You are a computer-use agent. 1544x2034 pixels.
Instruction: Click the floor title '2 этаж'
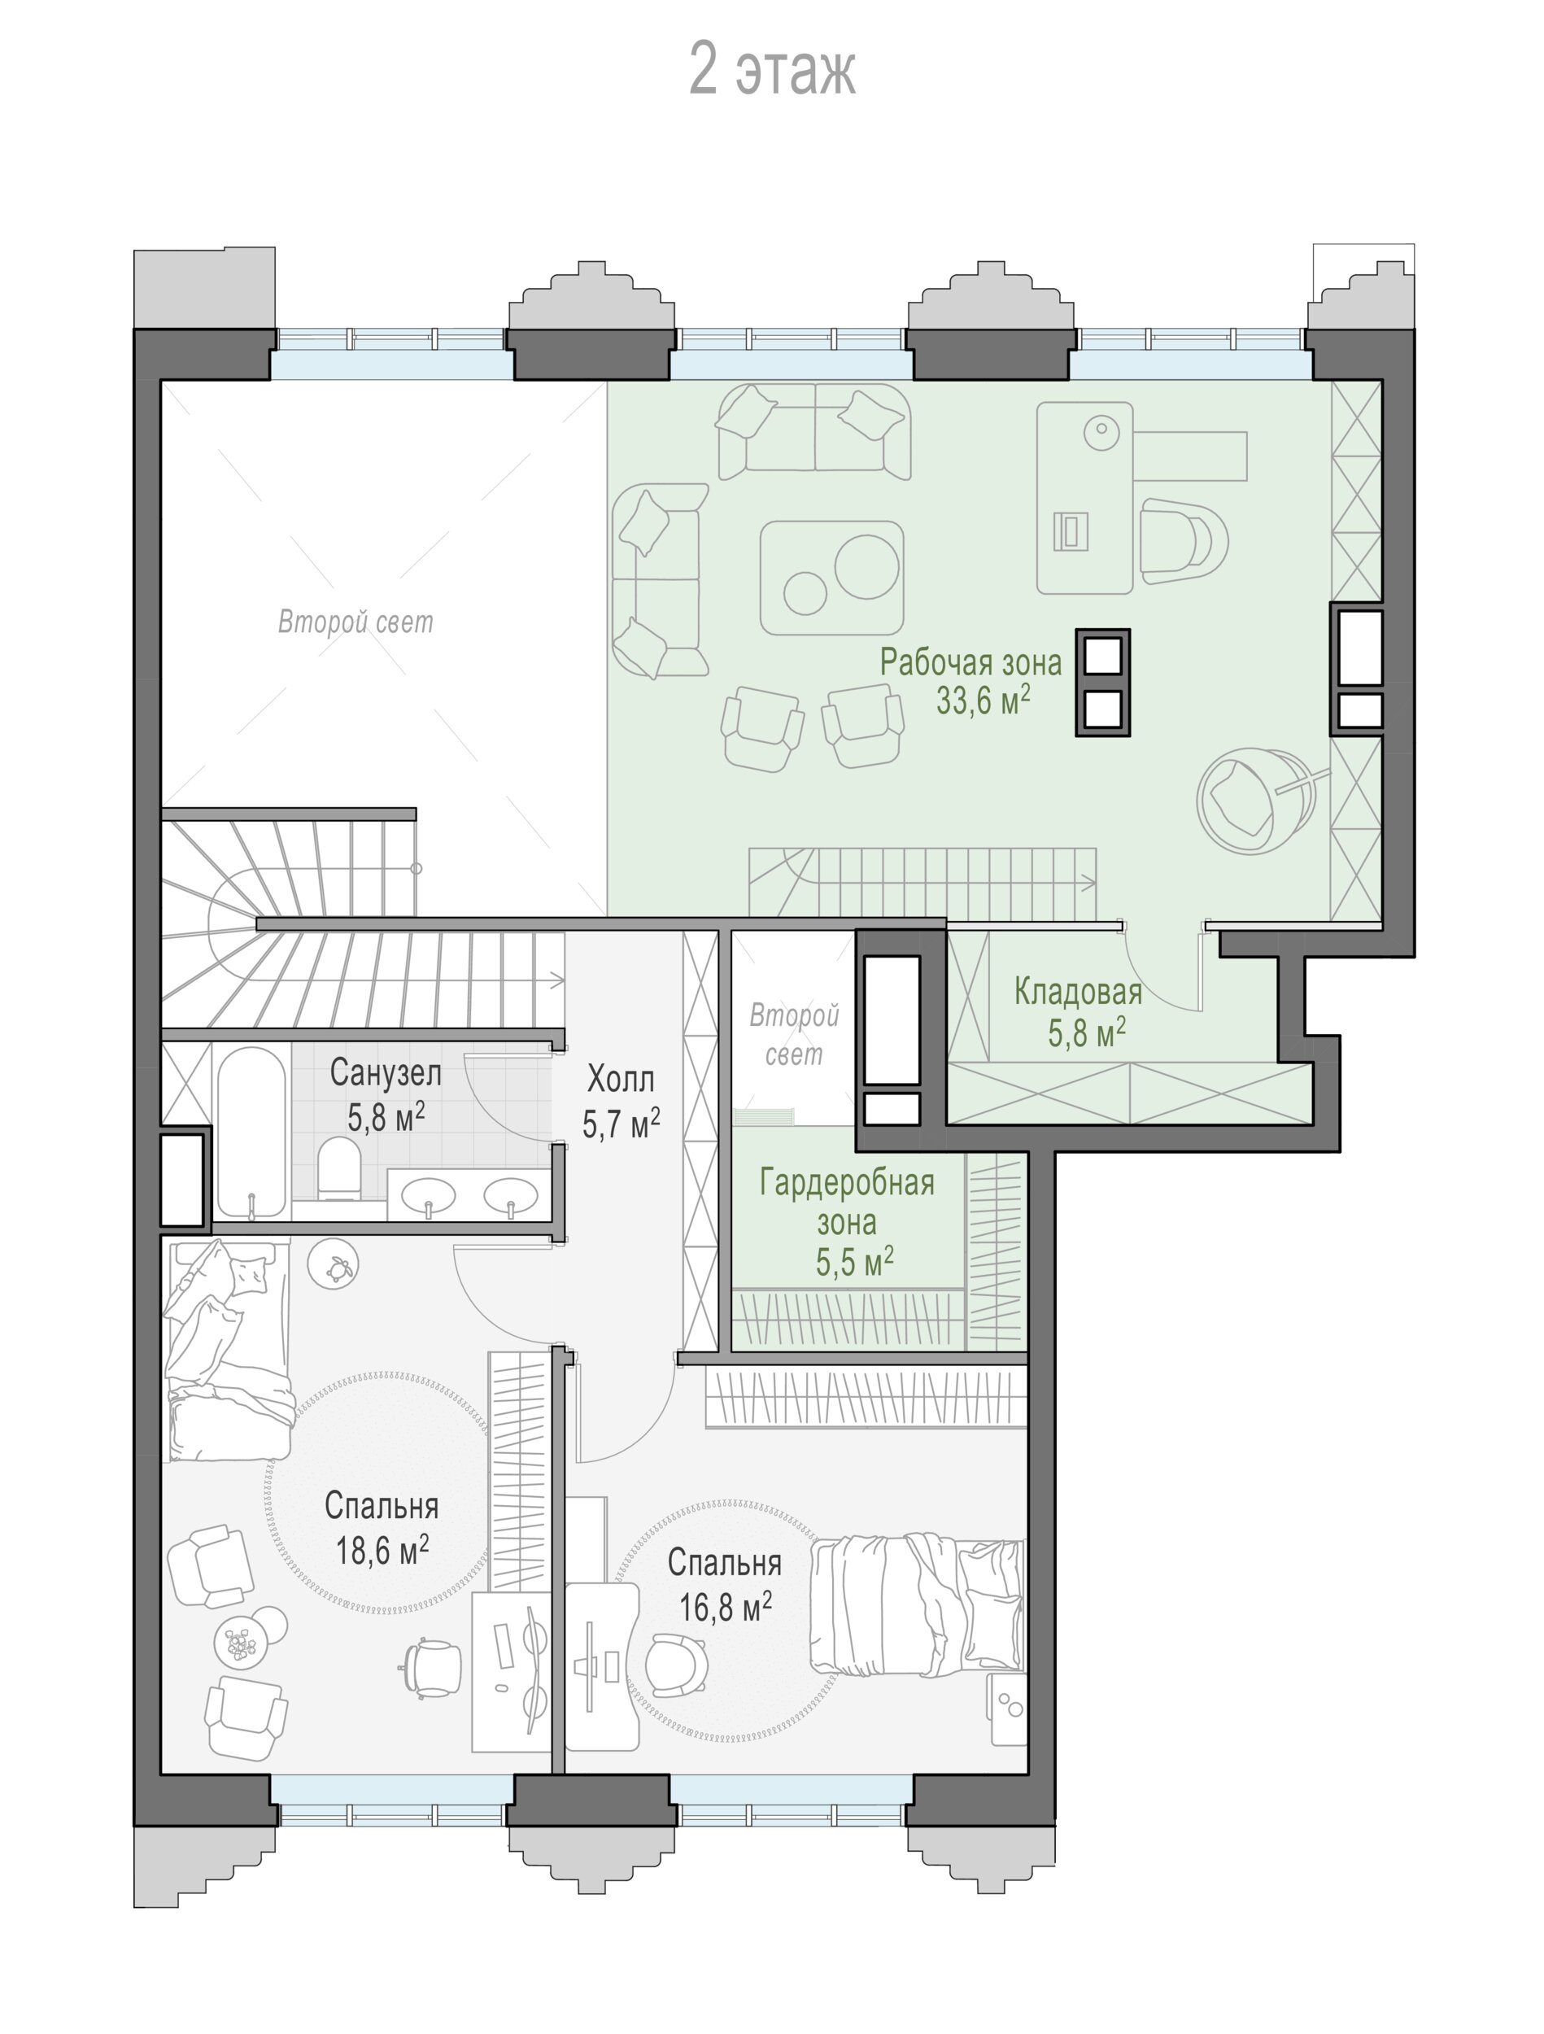[x=773, y=70]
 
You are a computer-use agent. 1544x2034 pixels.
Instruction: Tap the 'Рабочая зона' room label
[x=970, y=662]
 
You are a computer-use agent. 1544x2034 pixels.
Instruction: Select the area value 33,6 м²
[x=983, y=701]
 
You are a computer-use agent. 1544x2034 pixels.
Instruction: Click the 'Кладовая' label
[x=1078, y=991]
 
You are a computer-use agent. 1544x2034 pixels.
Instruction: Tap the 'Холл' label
[x=621, y=1079]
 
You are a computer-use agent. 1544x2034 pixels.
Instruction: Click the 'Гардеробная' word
[x=847, y=1182]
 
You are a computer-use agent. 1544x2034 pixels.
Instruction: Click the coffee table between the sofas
[x=831, y=578]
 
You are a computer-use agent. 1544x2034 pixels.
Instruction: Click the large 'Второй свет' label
[x=355, y=622]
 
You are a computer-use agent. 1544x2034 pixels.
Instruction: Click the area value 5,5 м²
[x=854, y=1263]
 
